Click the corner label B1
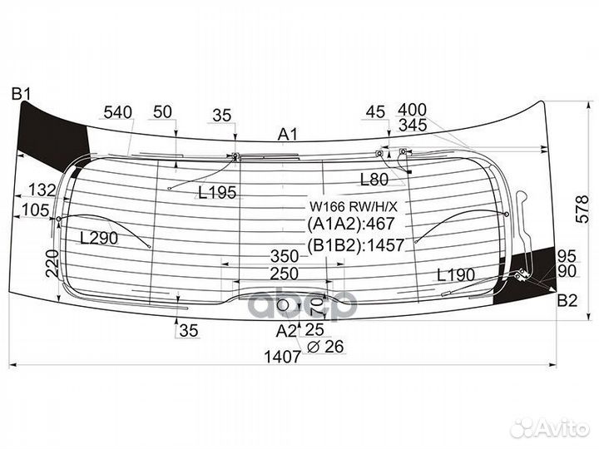(x=21, y=93)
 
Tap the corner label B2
(x=567, y=301)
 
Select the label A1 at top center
(x=287, y=135)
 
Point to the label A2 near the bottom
(x=286, y=331)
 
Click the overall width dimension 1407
(x=283, y=357)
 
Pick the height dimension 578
(x=582, y=210)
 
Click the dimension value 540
(x=118, y=112)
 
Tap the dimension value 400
(x=412, y=110)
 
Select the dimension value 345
(x=412, y=125)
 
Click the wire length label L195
(x=217, y=192)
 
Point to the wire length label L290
(x=99, y=239)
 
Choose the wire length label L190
(x=456, y=274)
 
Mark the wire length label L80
(x=374, y=179)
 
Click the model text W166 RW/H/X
(x=354, y=207)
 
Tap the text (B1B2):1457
(x=356, y=244)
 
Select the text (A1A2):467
(x=351, y=224)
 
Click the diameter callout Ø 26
(x=325, y=346)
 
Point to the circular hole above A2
(x=283, y=305)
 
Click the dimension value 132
(x=42, y=190)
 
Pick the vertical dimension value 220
(x=52, y=264)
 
